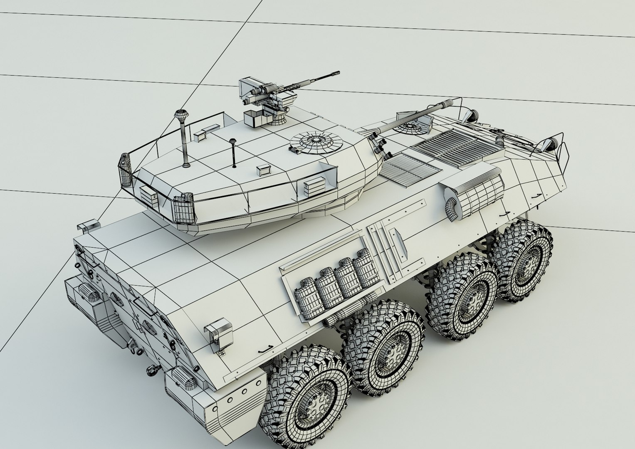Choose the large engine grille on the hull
(455, 145)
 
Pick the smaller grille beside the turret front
(409, 166)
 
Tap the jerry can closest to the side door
(365, 267)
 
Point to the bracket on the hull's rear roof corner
(88, 226)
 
